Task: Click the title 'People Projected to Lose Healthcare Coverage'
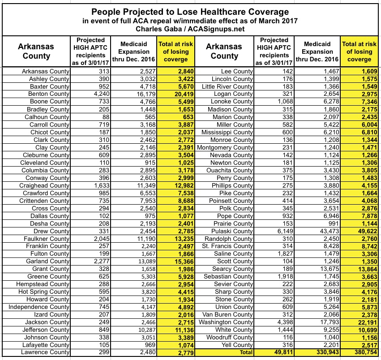click(190, 11)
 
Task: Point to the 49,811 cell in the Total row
click(271, 352)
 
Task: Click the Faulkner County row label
click(47, 239)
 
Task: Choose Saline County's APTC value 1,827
click(270, 253)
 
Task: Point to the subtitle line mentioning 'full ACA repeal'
click(190, 21)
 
